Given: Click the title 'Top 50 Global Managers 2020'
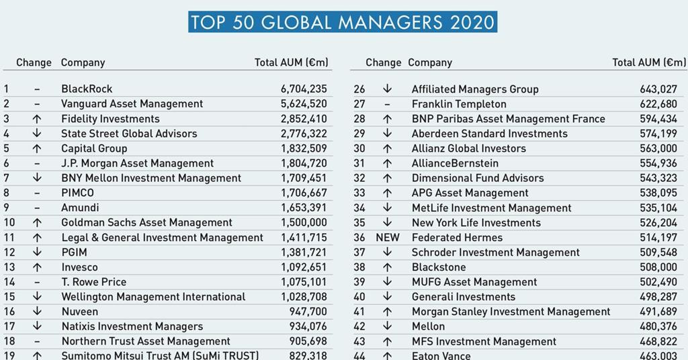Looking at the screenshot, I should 343,21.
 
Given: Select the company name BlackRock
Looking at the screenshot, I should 87,89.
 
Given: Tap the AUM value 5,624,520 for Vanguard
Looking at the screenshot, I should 304,103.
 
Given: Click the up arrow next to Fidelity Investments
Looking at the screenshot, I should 37,119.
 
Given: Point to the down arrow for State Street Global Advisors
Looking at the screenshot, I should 37,134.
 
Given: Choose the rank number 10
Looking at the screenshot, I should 9,222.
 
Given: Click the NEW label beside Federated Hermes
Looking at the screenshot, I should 387,237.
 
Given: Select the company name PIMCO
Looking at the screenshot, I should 77,193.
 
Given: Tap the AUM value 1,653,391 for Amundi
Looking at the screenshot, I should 304,208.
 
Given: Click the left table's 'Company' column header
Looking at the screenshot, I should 83,62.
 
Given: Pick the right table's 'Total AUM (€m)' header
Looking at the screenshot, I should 649,62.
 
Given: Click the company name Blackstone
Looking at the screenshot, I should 437,267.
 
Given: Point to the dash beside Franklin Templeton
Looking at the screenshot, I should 387,104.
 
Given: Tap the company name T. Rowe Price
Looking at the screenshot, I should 93,282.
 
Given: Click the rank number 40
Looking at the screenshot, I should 359,297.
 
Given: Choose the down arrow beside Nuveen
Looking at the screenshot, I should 37,312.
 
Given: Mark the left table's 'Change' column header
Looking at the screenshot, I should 34,62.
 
